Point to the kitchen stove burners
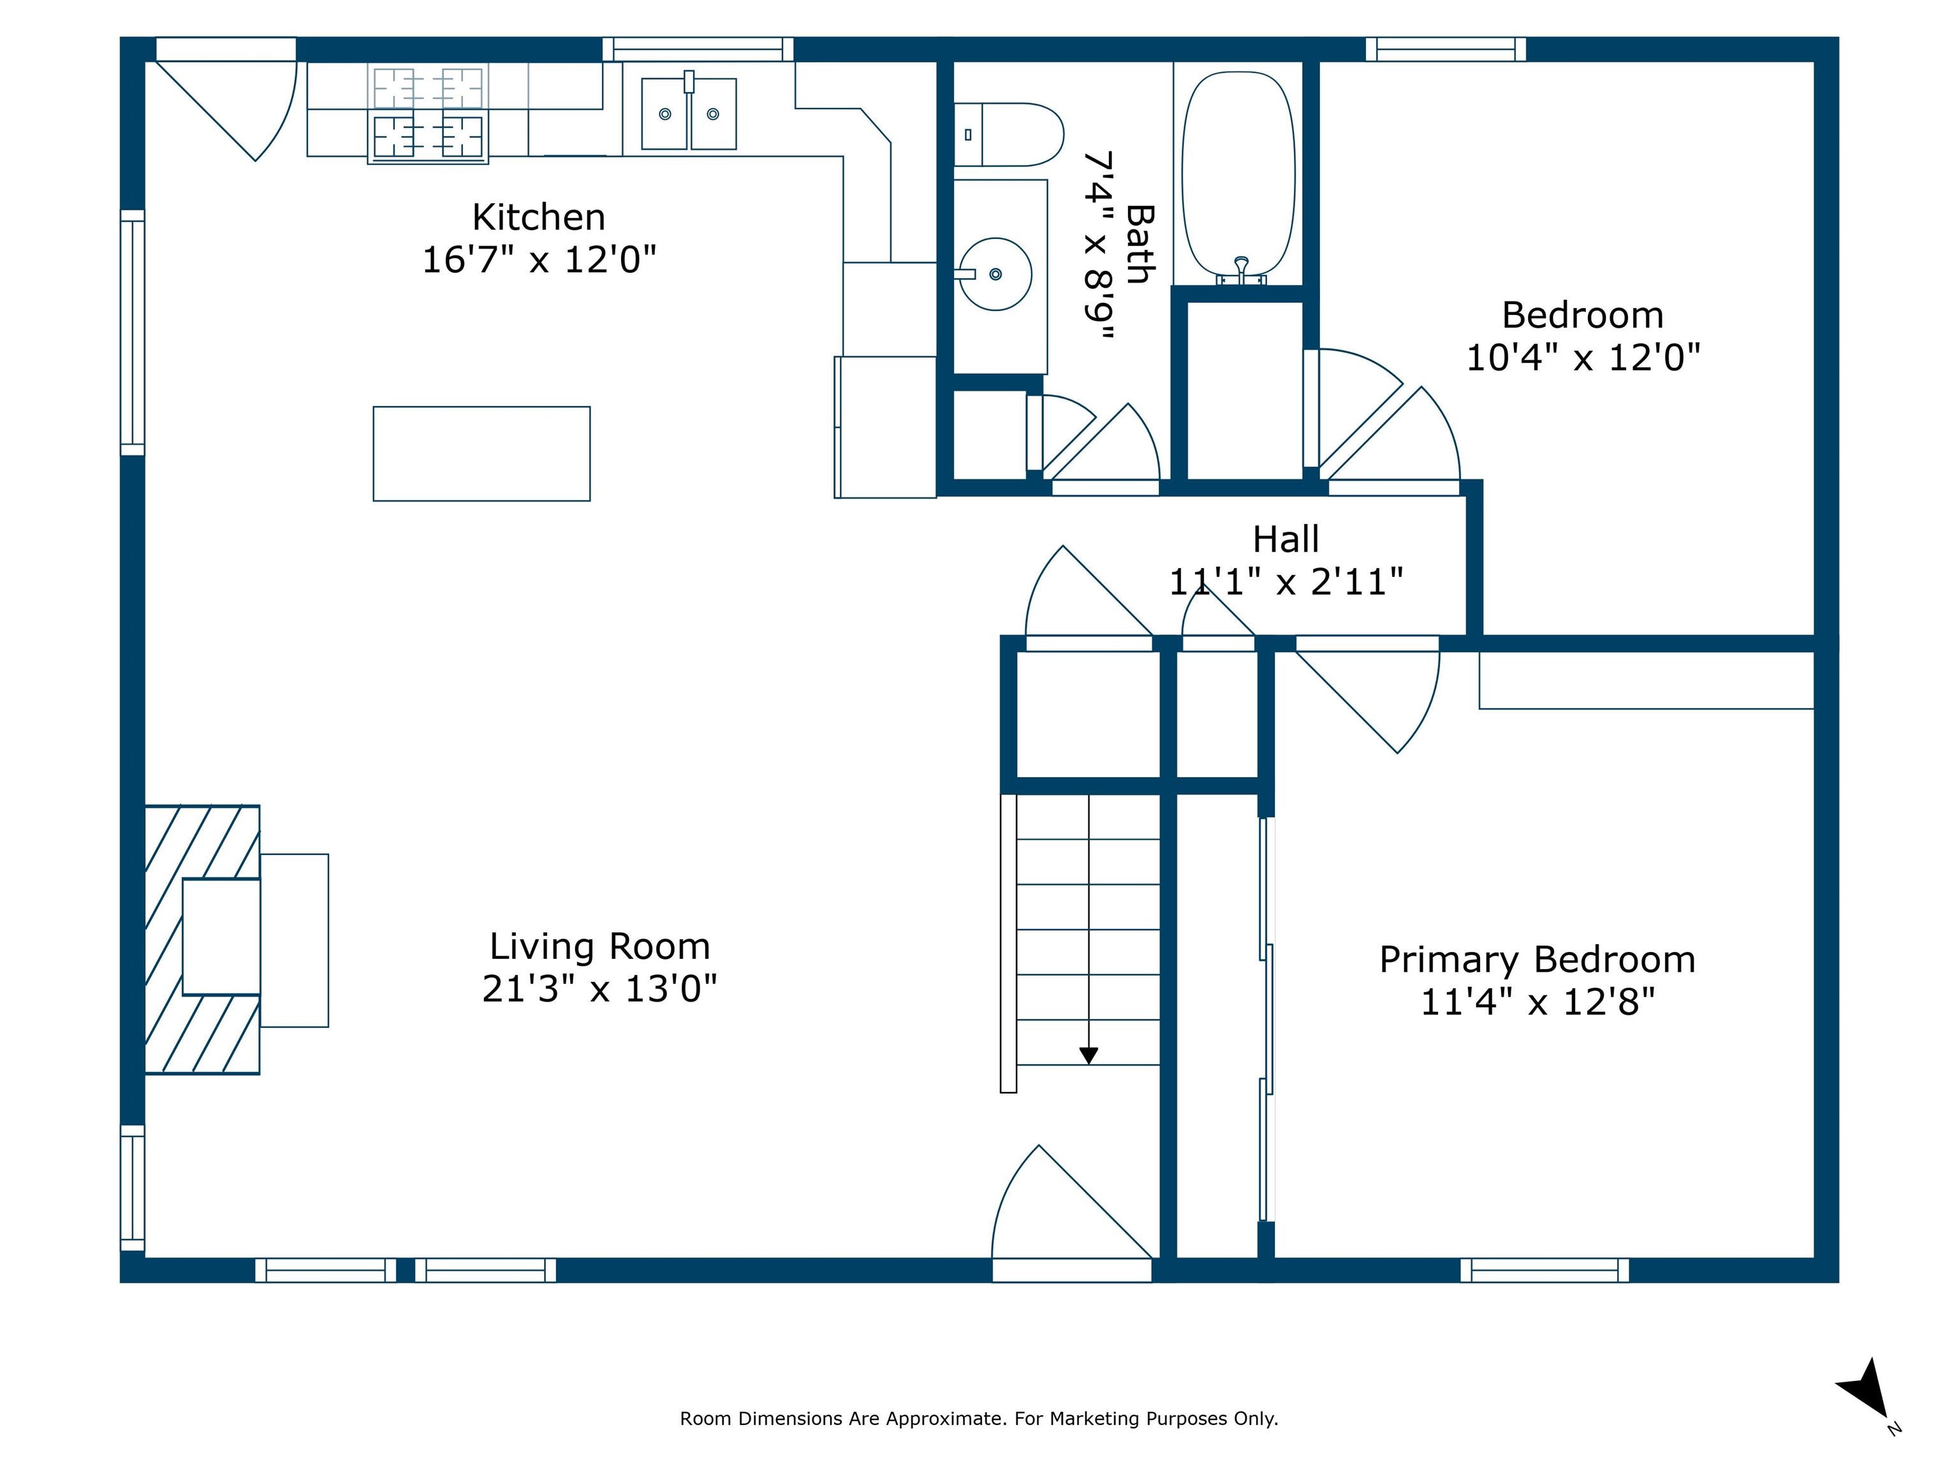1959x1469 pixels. [428, 113]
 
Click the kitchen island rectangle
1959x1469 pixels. [482, 453]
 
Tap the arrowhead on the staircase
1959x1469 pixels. [1089, 1055]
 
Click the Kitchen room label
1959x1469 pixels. [538, 217]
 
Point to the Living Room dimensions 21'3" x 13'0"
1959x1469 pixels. [599, 988]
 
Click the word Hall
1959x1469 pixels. [1286, 539]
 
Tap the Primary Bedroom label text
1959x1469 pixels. [1537, 960]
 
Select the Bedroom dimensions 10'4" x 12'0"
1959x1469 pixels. [1583, 358]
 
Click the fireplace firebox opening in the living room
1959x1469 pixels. [221, 937]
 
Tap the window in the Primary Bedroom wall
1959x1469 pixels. [1544, 1271]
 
